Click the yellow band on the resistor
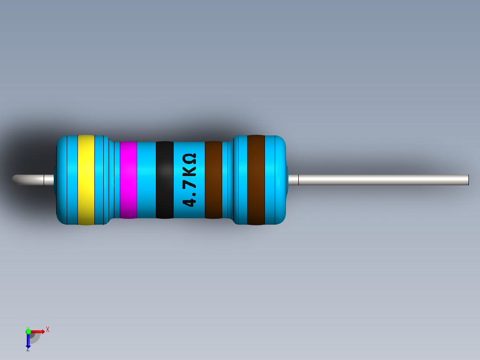tap(86, 180)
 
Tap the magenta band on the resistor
tap(128, 180)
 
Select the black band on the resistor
tap(164, 180)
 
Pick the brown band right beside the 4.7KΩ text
tap(213, 180)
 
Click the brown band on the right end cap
tap(256, 180)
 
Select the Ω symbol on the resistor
tap(189, 159)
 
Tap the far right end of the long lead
tap(467, 180)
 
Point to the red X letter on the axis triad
tap(48, 329)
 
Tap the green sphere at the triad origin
tap(28, 331)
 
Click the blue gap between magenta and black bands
tap(146, 180)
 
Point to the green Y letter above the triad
tap(28, 327)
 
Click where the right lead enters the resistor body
tap(289, 180)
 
